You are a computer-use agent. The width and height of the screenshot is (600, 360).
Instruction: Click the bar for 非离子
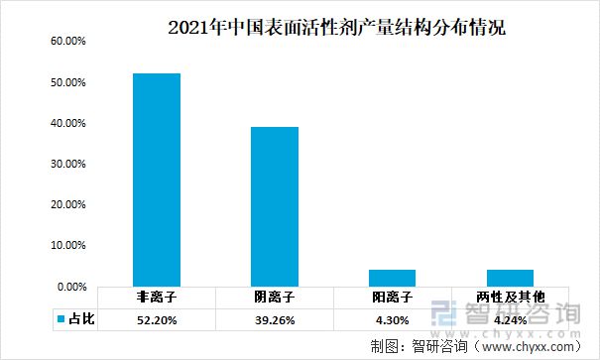point(157,180)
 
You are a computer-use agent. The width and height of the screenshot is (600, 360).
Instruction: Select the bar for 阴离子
point(274,206)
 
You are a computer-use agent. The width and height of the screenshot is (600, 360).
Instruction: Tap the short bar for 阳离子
point(392,278)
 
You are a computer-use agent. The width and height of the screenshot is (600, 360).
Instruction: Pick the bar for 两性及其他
point(510,278)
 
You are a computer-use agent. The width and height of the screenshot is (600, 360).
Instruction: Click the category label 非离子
point(157,298)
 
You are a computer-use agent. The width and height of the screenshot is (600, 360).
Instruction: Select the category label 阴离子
point(274,298)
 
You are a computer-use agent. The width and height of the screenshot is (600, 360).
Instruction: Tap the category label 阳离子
point(392,298)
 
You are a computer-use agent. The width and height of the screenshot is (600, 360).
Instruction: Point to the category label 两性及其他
point(510,298)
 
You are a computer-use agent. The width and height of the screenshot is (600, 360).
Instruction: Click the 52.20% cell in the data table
point(157,318)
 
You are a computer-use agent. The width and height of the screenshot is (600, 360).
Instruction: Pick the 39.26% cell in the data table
point(274,318)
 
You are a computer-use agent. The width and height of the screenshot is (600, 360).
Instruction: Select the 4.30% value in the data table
point(392,318)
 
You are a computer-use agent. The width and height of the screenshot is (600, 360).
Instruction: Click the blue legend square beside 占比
point(60,319)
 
